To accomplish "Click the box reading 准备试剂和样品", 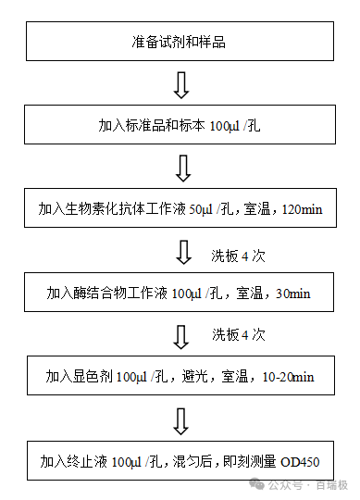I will [x=180, y=42].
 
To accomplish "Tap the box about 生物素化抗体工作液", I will [x=180, y=209].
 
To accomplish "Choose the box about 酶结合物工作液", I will [x=180, y=294].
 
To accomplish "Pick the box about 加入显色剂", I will [x=180, y=376].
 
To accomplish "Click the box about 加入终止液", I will [x=180, y=460].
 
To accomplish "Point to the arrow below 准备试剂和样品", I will [x=181, y=84].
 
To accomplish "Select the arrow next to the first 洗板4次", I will [x=181, y=252].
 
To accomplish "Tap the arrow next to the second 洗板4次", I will [x=181, y=334].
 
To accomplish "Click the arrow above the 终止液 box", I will [x=181, y=419].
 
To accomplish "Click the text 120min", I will [x=301, y=209].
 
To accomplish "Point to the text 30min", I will [x=293, y=294].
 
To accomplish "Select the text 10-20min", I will [x=288, y=376].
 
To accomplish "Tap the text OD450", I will [x=301, y=460].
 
